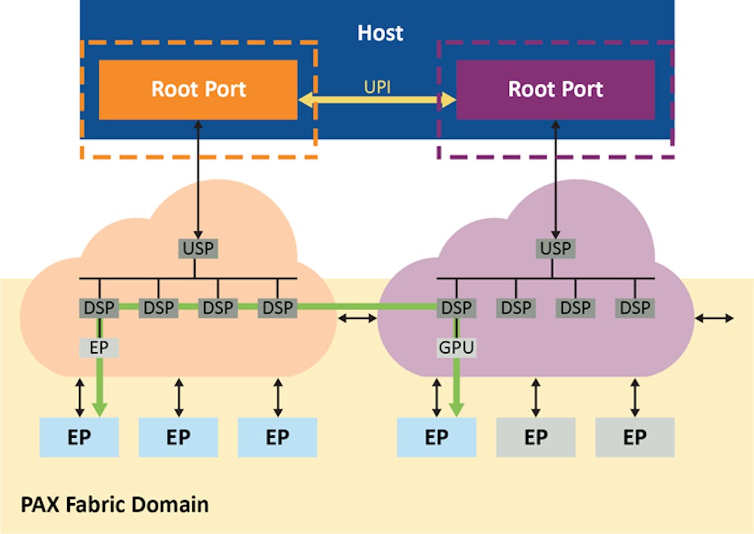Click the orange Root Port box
coord(198,89)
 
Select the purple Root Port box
coord(555,89)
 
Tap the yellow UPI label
coord(377,87)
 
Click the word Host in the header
coord(380,33)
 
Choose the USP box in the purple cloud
coord(556,248)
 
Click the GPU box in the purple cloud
coord(457,347)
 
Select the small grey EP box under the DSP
coord(99,347)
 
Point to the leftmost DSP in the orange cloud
coord(99,308)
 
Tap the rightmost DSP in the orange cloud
coord(277,308)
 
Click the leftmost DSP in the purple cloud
coord(456,308)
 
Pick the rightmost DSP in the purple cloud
coord(634,308)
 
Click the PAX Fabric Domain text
coord(114,504)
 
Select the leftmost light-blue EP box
coord(79,437)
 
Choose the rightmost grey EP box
coord(635,437)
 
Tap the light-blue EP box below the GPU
coord(436,437)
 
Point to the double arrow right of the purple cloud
coord(714,319)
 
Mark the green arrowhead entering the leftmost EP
coord(99,409)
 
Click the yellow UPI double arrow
coord(377,99)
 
